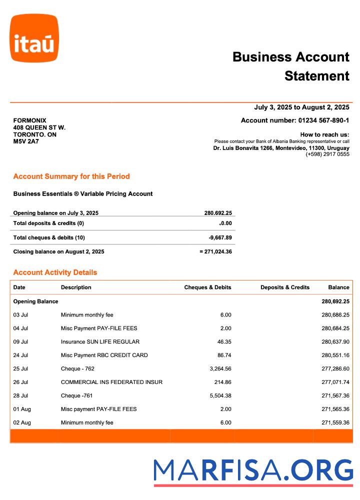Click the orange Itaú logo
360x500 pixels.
tap(34, 38)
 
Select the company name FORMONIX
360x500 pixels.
tap(29, 120)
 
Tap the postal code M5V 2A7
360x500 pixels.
tap(26, 141)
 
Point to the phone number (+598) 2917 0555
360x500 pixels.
tap(327, 154)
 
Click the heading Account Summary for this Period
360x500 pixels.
tap(71, 176)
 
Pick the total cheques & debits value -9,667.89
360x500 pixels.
tap(220, 237)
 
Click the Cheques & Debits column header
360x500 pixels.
tap(207, 287)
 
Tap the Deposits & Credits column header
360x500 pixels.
tap(285, 287)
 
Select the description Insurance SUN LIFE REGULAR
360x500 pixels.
tap(100, 342)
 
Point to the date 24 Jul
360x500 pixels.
tap(20, 355)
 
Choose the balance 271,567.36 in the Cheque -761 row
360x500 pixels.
tap(335, 396)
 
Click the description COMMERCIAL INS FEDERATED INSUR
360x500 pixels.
tap(111, 382)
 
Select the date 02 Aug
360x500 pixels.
tap(22, 423)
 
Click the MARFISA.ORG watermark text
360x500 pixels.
tap(253, 471)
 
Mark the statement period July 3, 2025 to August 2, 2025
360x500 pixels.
tap(301, 107)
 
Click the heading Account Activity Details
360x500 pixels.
tap(55, 272)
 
